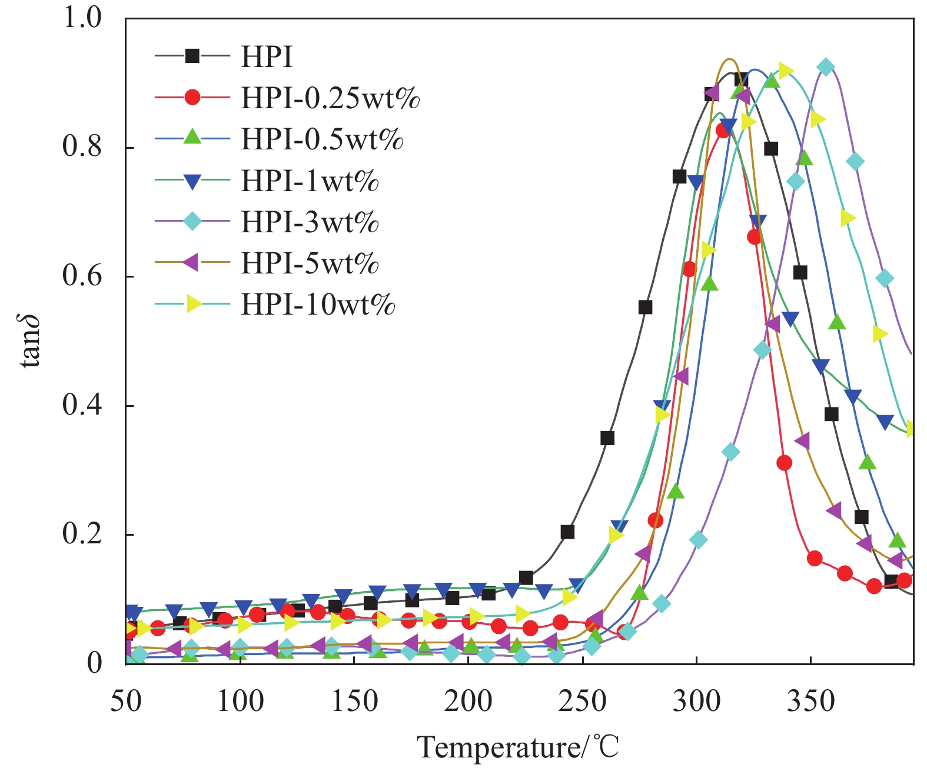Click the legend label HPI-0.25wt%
(x=330, y=98)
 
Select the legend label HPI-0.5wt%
(x=322, y=139)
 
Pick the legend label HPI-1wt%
(x=310, y=180)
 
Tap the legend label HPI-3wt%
(x=310, y=222)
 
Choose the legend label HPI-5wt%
(x=310, y=263)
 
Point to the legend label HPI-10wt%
(x=318, y=304)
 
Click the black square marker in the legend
(x=192, y=56)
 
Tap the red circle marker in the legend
(x=192, y=98)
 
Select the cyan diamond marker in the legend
(x=192, y=222)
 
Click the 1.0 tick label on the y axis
(x=82, y=18)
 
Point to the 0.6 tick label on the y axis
(x=82, y=276)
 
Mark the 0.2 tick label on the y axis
(x=82, y=535)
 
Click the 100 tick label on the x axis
(x=240, y=700)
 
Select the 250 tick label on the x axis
(x=583, y=700)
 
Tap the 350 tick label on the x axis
(x=811, y=700)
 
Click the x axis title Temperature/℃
(x=519, y=747)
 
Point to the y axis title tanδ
(x=31, y=341)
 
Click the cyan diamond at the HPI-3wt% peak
(x=826, y=67)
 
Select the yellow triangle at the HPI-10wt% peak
(x=786, y=71)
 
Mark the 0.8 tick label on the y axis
(x=82, y=147)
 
